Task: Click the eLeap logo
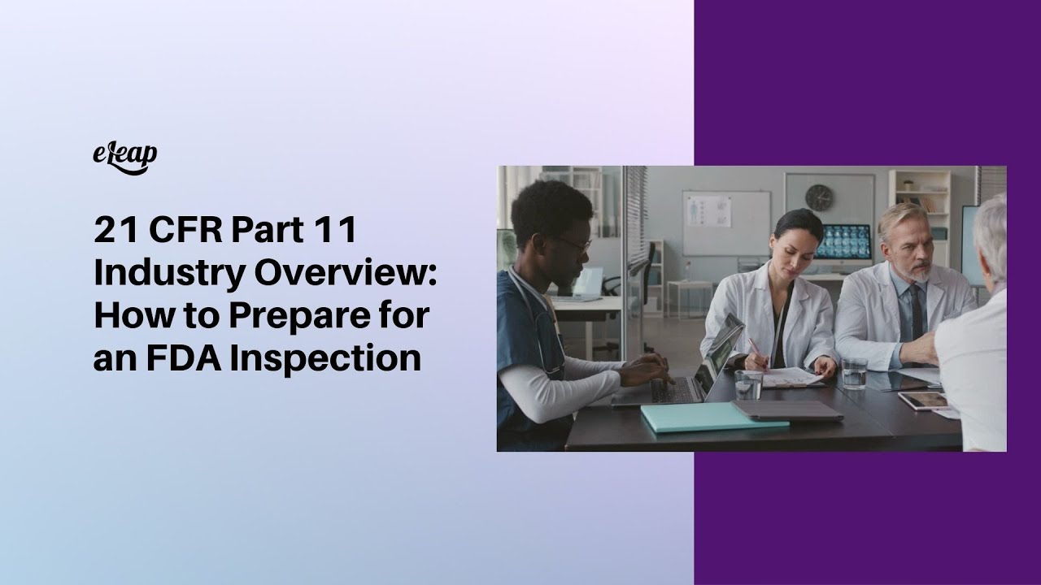[125, 157]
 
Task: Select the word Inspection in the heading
[326, 358]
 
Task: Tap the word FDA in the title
[179, 358]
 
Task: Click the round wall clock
[819, 197]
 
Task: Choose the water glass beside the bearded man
[854, 373]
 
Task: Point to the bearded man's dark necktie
[917, 312]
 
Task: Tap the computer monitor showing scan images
[842, 242]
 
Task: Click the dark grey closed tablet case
[787, 409]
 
